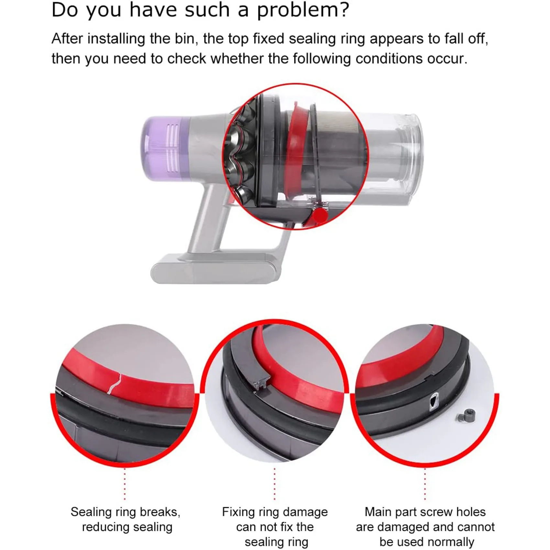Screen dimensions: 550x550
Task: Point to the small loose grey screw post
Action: pos(467,416)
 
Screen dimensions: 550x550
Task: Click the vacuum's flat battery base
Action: pos(214,269)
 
